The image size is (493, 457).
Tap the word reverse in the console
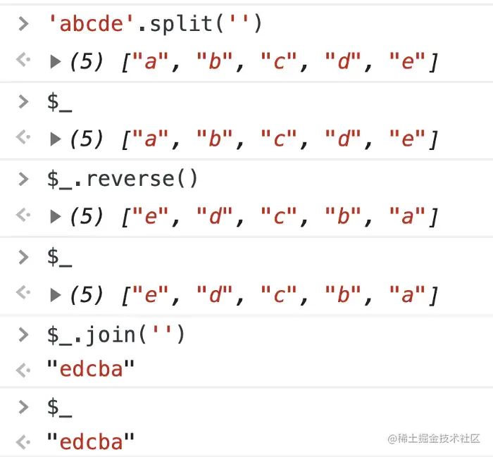(135, 179)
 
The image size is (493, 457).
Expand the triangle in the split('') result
(56, 63)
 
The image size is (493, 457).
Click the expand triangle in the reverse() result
(56, 218)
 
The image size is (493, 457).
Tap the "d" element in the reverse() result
(214, 218)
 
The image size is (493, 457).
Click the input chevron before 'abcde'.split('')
(24, 24)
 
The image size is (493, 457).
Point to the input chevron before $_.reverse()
(24, 179)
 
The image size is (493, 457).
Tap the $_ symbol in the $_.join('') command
(60, 334)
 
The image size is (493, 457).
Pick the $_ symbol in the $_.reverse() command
(60, 179)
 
